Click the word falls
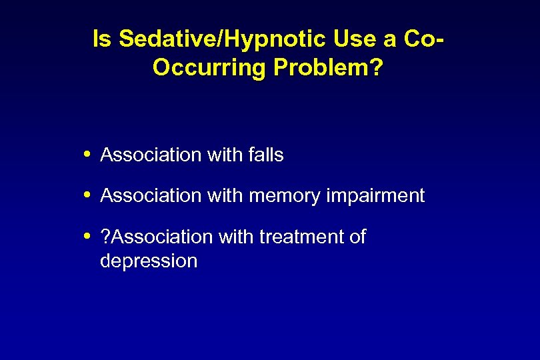pos(265,155)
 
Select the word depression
pos(149,261)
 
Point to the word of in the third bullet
pos(357,237)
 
